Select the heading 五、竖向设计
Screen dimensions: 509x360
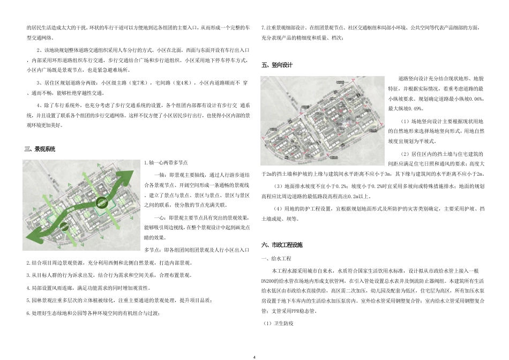(x=277, y=65)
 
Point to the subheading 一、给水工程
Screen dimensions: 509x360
(x=276, y=259)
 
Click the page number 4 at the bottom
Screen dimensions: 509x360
(x=254, y=356)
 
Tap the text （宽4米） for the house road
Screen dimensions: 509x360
(x=181, y=83)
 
